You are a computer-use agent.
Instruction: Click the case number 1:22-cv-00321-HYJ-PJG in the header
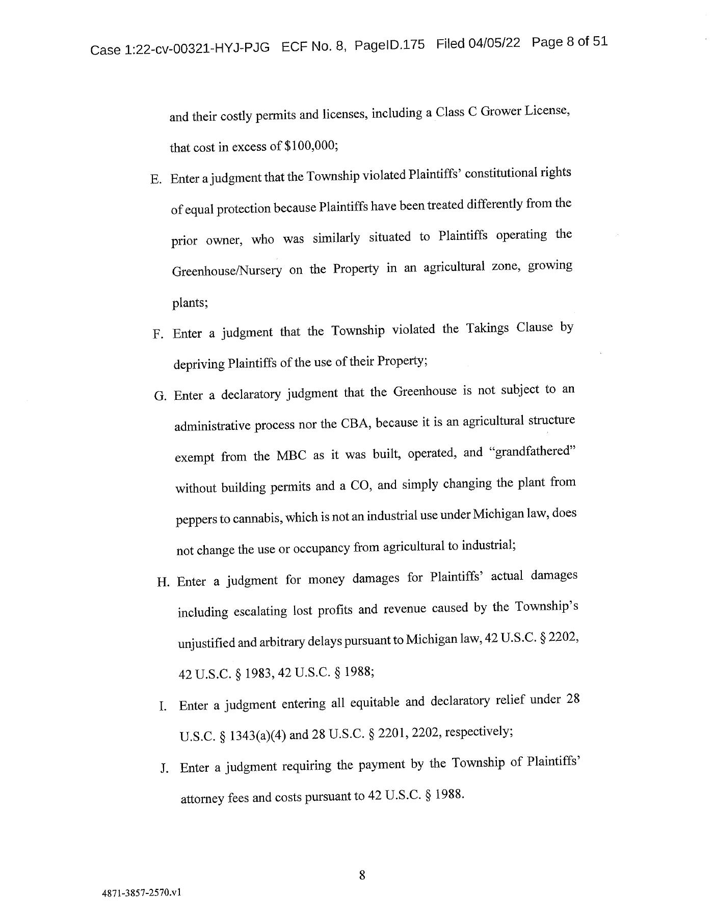point(196,48)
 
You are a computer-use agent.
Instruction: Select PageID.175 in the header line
point(389,45)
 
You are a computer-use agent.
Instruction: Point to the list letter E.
point(155,180)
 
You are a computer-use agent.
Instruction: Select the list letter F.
point(157,334)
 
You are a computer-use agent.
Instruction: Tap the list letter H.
point(163,582)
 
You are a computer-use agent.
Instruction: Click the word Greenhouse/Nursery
point(227,270)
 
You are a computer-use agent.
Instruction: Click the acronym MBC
point(291,455)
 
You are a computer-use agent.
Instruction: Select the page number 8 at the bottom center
point(362,875)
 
